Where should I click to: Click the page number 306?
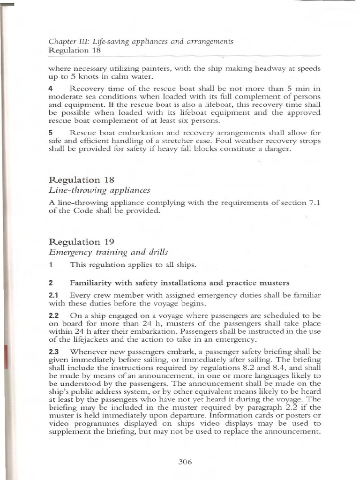185,462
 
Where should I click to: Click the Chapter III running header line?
141,42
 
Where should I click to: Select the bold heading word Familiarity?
93,283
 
